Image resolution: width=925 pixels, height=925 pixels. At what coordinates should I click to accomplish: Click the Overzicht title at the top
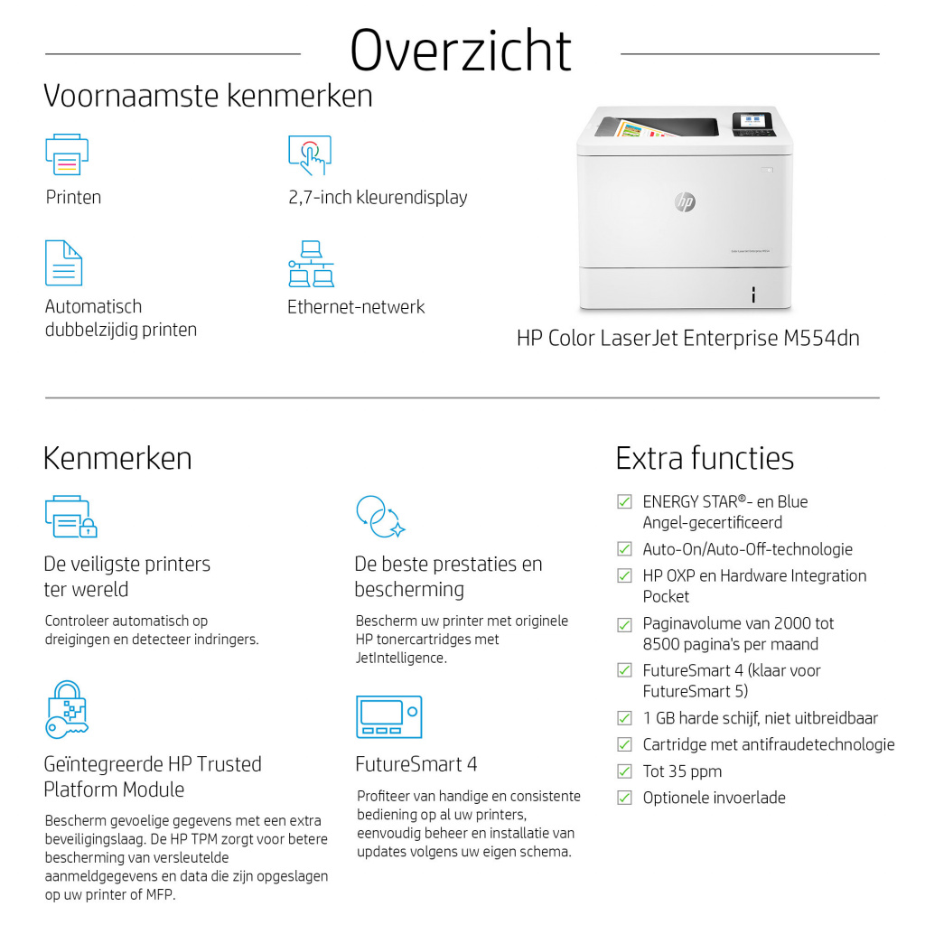tap(461, 51)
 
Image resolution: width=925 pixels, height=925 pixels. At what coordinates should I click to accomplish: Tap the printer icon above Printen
tap(66, 155)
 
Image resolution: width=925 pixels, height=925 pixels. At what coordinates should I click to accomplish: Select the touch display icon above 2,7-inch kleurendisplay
tap(309, 155)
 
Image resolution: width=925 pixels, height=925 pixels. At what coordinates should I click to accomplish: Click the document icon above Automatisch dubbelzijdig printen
tap(63, 263)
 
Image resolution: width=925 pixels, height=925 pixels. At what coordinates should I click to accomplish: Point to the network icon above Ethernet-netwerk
tap(310, 263)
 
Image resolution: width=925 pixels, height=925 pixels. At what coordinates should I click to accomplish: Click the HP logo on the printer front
tap(685, 201)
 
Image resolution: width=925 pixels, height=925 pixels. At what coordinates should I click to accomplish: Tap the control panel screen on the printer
tap(751, 120)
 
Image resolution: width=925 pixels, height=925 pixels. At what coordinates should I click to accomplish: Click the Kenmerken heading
tap(117, 458)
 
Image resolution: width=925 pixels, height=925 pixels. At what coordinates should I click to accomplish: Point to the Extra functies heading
tap(705, 458)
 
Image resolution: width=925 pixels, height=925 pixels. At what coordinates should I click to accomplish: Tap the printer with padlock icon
tap(70, 516)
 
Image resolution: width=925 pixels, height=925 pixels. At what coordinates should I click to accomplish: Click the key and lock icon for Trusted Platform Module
tap(66, 710)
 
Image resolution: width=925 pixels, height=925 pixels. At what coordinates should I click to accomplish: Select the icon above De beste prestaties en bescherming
tap(379, 516)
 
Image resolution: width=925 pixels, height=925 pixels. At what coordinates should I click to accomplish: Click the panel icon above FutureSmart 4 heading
tap(388, 716)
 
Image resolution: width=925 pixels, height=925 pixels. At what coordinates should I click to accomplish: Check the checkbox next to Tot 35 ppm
tap(624, 771)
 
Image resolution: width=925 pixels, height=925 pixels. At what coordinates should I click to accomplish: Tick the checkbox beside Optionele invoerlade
tap(624, 798)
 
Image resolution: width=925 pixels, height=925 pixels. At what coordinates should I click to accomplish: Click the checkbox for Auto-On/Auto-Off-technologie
tap(624, 549)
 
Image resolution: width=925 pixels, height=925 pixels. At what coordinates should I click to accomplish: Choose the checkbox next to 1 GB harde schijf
tap(624, 718)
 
